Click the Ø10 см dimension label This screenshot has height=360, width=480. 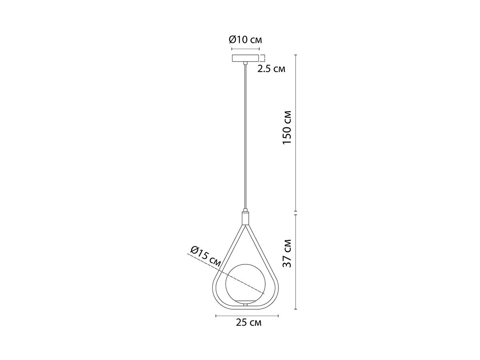pos(245,40)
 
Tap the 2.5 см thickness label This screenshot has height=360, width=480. pos(271,69)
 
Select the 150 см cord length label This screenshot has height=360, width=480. pos(287,128)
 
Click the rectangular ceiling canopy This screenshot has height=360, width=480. pos(245,58)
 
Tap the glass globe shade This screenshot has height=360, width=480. pos(245,284)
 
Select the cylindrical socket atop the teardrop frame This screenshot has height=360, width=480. pos(245,218)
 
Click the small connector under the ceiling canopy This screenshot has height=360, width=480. pos(245,63)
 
